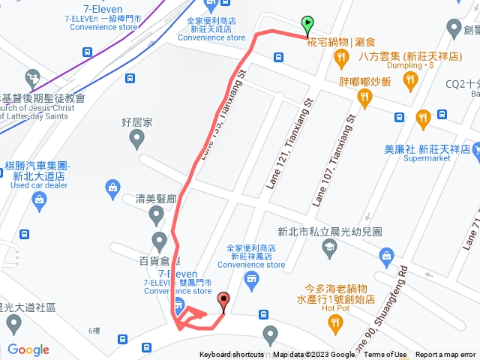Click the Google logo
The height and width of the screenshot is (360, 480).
pos(28,349)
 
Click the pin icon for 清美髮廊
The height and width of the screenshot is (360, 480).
pos(156,217)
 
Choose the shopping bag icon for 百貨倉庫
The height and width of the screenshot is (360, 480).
pos(159,241)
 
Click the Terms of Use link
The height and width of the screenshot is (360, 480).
pos(385,355)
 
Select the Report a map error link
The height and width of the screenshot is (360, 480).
pos(445,355)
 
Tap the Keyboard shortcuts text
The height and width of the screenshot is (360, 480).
pos(231,355)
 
